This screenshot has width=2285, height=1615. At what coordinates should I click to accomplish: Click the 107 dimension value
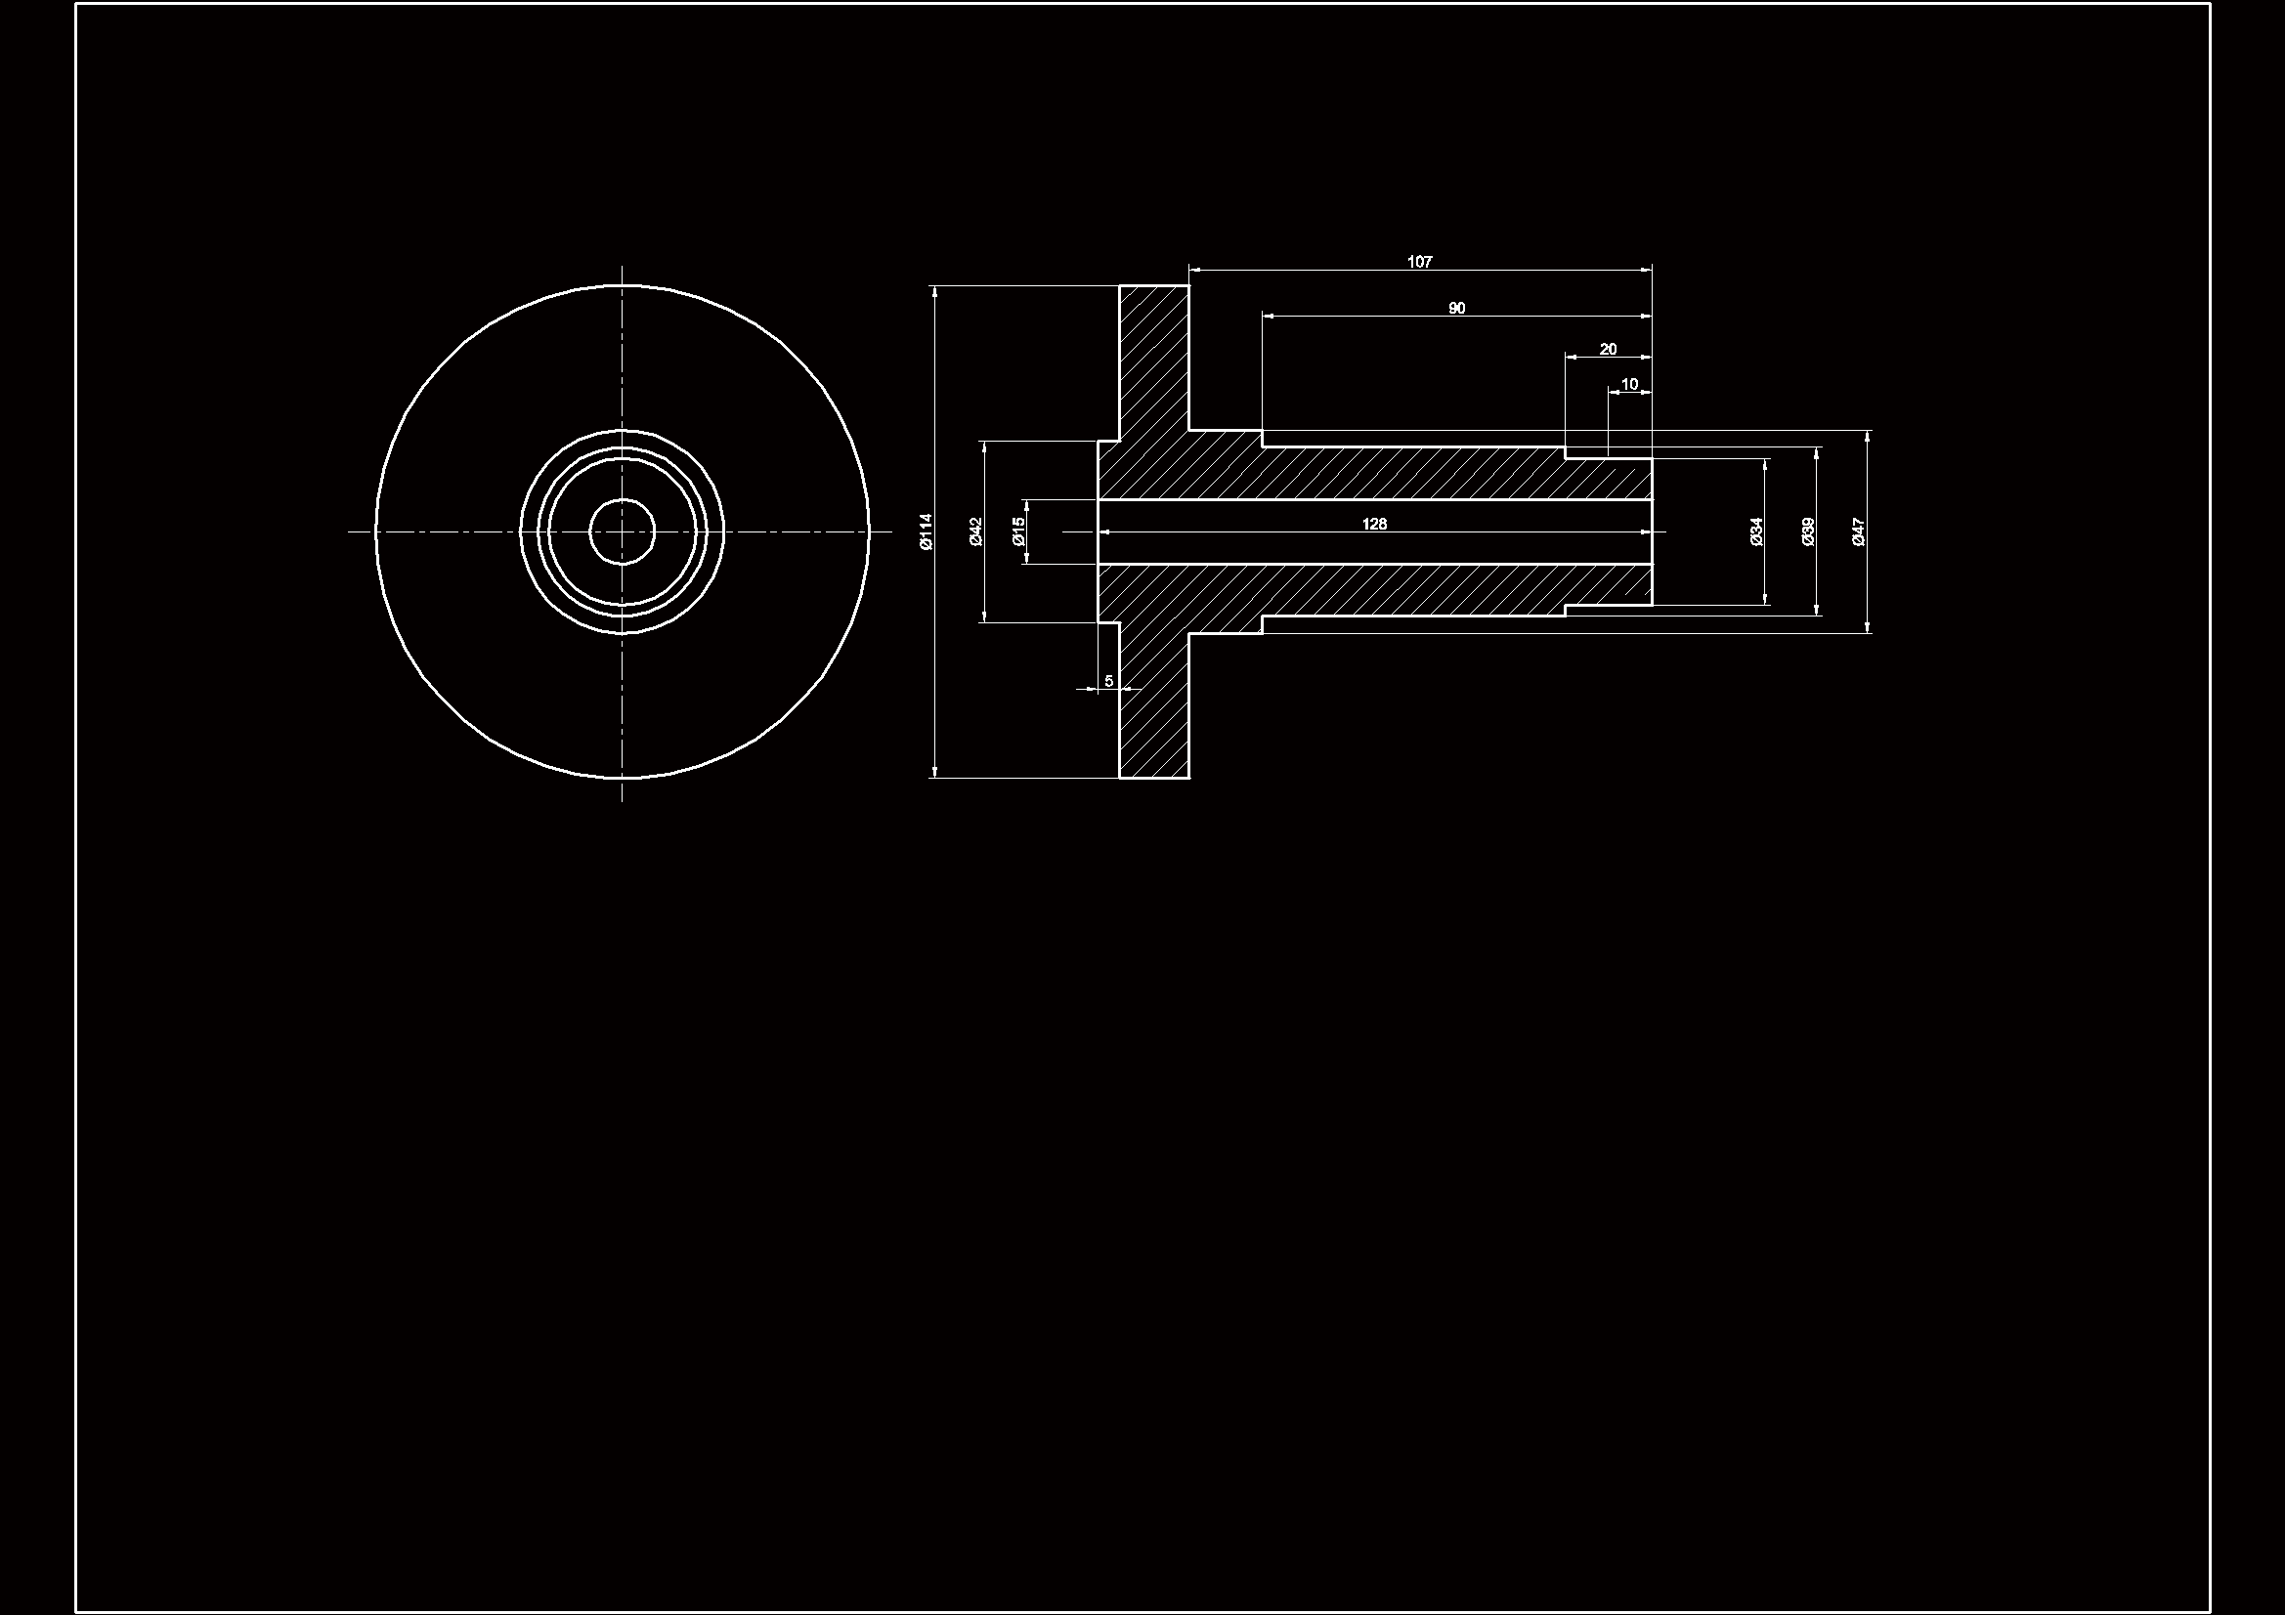point(1419,262)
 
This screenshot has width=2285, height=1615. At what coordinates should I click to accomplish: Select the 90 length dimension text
point(1456,309)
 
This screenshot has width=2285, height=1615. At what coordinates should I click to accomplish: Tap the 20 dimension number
point(1608,349)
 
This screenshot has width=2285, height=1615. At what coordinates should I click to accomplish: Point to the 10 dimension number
point(1629,384)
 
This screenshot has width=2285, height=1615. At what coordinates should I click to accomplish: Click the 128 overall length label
point(1373,524)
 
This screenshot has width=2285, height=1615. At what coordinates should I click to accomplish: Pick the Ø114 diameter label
point(926,531)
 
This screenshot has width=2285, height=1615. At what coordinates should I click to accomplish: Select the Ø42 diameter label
point(975,531)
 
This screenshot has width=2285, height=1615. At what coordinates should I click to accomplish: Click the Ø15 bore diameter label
point(1017,531)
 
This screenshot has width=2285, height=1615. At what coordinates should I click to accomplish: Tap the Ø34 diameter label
point(1756,531)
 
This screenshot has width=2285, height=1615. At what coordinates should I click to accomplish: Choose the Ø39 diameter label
point(1808,531)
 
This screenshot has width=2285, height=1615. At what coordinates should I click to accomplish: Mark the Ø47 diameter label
point(1858,531)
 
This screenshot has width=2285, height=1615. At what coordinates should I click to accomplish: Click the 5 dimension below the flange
point(1108,681)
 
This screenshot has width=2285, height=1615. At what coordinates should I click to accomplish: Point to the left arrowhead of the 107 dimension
point(1195,269)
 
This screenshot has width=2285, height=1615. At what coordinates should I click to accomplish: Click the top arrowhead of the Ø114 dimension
point(934,291)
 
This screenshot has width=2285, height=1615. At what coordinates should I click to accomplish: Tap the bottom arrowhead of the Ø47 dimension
point(1868,626)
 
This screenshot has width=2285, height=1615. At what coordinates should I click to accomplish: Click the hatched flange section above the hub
point(1154,359)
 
